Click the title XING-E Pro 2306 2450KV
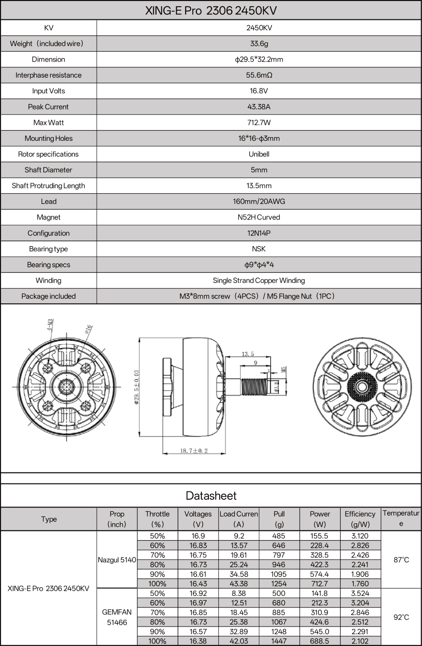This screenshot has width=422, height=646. pos(211,11)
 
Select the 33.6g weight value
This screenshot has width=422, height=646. pos(259,44)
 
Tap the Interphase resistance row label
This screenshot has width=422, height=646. pos(48,75)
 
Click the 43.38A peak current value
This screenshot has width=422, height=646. pos(259,107)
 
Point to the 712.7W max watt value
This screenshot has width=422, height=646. pos(259,123)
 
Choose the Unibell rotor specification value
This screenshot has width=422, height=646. pos(259,154)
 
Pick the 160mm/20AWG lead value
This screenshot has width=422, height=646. pos(259,202)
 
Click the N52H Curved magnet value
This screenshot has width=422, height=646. pos(259,217)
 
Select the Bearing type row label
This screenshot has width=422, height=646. pos(48,249)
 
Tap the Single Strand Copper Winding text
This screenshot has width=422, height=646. pos(259,281)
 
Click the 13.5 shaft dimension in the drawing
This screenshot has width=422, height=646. pos(248,354)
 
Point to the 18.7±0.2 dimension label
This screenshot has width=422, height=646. pos(194,451)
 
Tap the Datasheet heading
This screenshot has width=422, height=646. pos(211,496)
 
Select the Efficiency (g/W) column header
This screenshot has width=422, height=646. pos(360,519)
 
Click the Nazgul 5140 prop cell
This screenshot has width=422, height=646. pos(117,560)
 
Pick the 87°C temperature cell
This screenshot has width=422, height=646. pos(401,560)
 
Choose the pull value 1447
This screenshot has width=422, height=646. pos(279,641)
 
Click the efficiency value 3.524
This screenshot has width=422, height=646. pos(360,593)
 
